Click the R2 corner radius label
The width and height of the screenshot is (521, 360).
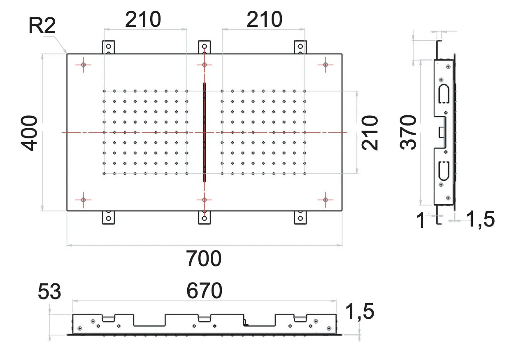(x=42, y=26)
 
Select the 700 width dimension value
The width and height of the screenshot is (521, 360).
(x=204, y=258)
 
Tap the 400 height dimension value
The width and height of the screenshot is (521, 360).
(x=29, y=133)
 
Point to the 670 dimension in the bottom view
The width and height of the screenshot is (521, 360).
(x=204, y=291)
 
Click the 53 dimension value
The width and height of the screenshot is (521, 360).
(x=49, y=291)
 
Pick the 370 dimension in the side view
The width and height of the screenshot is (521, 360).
(x=408, y=132)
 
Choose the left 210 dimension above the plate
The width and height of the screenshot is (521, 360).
(x=143, y=19)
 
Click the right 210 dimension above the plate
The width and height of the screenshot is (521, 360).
(x=265, y=19)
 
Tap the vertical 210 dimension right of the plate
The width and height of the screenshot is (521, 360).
(x=370, y=133)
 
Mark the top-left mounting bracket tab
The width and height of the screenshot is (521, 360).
(x=108, y=47)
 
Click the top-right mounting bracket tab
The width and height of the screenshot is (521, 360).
(x=300, y=47)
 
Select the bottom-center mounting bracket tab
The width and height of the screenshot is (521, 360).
(x=204, y=218)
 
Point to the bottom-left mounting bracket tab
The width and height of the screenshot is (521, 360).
(x=108, y=218)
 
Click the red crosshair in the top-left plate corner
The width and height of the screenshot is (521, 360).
(x=84, y=65)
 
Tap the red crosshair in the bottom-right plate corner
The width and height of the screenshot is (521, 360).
(x=326, y=200)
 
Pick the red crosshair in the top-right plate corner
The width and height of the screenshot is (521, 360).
(x=326, y=65)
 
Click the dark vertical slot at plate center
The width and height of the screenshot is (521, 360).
(x=204, y=132)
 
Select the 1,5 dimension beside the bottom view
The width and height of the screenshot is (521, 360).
(x=360, y=311)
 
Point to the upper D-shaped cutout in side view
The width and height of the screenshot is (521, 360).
(x=444, y=94)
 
